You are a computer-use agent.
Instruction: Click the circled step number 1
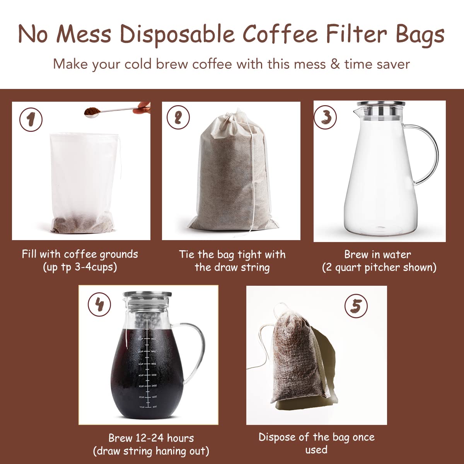(x=31, y=120)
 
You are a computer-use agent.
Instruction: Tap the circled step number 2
(x=178, y=118)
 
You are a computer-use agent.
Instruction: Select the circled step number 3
(x=325, y=117)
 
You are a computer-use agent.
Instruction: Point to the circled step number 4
(x=99, y=304)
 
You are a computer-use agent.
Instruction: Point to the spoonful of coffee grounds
(x=92, y=112)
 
